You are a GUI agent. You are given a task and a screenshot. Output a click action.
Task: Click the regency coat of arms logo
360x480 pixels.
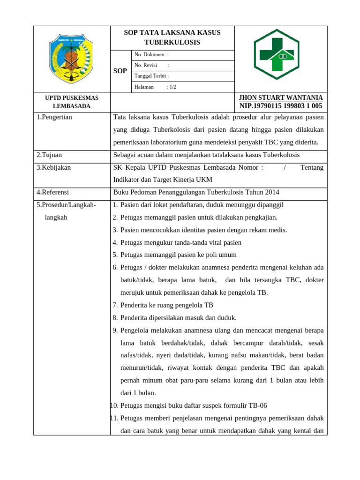tap(71, 58)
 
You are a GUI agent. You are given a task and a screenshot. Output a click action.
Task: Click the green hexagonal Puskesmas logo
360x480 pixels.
tap(280, 58)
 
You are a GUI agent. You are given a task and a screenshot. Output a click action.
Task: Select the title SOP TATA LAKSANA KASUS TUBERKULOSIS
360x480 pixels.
tap(172, 37)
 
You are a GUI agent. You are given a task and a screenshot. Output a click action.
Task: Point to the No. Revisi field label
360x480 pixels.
tap(146, 65)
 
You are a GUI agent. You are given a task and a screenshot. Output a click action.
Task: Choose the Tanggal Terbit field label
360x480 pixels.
tap(151, 76)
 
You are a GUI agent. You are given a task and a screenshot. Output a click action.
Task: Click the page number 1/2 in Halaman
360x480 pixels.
tap(172, 87)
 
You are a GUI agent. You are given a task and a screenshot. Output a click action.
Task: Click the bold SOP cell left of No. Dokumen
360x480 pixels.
tap(120, 71)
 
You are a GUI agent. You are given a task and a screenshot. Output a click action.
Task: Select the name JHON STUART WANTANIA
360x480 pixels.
tap(281, 97)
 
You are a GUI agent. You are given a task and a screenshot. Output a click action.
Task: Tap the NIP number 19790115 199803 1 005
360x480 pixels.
tap(281, 106)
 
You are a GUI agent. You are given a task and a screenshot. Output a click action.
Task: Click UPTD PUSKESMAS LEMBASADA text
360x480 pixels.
tap(71, 102)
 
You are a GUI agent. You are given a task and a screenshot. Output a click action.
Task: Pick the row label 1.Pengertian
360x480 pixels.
tap(54, 117)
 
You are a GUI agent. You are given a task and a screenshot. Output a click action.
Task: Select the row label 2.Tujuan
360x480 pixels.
tap(49, 155)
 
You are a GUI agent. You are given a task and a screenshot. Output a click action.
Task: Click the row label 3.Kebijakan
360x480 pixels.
tap(53, 167)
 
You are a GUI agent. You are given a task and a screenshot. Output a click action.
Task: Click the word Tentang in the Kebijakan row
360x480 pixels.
tap(312, 167)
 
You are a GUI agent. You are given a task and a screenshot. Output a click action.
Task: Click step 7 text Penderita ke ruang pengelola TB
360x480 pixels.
tap(166, 305)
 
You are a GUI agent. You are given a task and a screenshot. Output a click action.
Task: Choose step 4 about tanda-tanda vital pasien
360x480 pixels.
tap(181, 242)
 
